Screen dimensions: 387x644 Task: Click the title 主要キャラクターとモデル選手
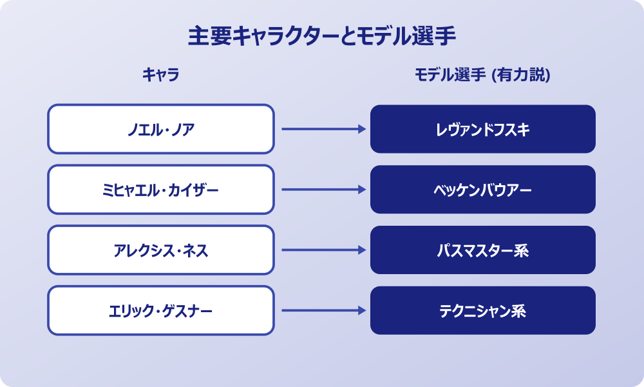tap(322, 36)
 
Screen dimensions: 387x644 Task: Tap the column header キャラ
tap(160, 75)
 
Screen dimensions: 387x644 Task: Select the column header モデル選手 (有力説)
tap(482, 75)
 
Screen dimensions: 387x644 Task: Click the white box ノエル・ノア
tap(161, 129)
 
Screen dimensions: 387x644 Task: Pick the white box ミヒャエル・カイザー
tap(161, 190)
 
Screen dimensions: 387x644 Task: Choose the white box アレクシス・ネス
tap(161, 250)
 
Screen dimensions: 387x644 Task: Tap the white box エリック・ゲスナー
tap(161, 311)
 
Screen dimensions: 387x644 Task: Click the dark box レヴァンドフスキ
tap(483, 129)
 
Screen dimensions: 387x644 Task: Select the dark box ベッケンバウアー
tap(483, 190)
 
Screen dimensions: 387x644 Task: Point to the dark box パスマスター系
tap(483, 250)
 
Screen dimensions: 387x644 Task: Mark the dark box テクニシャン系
tap(483, 311)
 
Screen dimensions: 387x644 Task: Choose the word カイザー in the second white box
tap(191, 190)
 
